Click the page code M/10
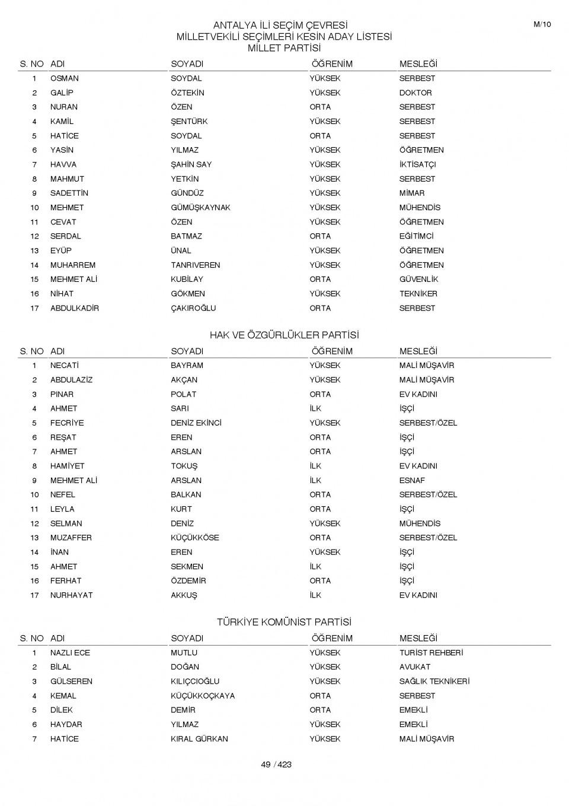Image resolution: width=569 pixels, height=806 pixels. coord(542,24)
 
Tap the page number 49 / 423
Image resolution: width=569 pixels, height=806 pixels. coord(276,764)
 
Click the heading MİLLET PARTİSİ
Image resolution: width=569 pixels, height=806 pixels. coord(284,48)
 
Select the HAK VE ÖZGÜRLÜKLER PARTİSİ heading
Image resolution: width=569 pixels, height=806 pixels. coord(284,335)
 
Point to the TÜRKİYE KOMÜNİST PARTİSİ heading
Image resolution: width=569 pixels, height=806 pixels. coord(284,623)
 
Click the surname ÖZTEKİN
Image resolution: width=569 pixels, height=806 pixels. coord(187,93)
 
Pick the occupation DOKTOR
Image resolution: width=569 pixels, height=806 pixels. coord(415,93)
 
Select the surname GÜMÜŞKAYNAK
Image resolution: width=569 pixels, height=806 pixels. coord(200,208)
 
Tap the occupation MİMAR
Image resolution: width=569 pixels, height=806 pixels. coord(412,193)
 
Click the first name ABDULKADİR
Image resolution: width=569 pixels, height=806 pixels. coord(75,308)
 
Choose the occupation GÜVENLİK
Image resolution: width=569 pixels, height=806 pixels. coord(418,280)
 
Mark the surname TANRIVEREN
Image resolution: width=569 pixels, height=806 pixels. coord(195,265)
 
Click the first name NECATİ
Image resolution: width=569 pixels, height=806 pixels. coord(65,366)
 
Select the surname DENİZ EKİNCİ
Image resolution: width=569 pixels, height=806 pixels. coord(196,423)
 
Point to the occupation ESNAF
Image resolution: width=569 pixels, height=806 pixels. coord(412,481)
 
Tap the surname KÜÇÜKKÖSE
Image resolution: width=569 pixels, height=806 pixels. coord(195,538)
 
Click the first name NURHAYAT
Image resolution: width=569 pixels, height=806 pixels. coord(72,595)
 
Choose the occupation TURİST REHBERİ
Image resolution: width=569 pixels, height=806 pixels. coord(431,653)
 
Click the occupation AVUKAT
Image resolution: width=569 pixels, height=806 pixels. coord(415,667)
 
